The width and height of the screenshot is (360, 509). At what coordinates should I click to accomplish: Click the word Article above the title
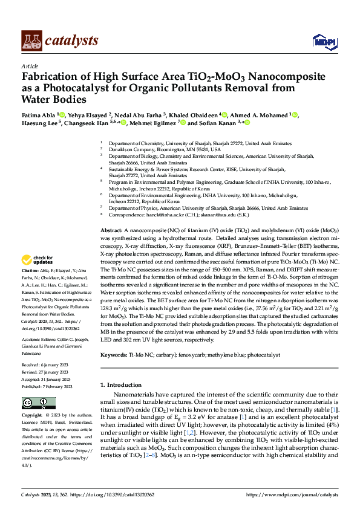[x=30, y=66]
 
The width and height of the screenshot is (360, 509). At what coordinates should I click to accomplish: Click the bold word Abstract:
[x=111, y=231]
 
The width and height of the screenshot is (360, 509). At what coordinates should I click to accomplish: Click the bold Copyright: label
[x=32, y=417]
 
